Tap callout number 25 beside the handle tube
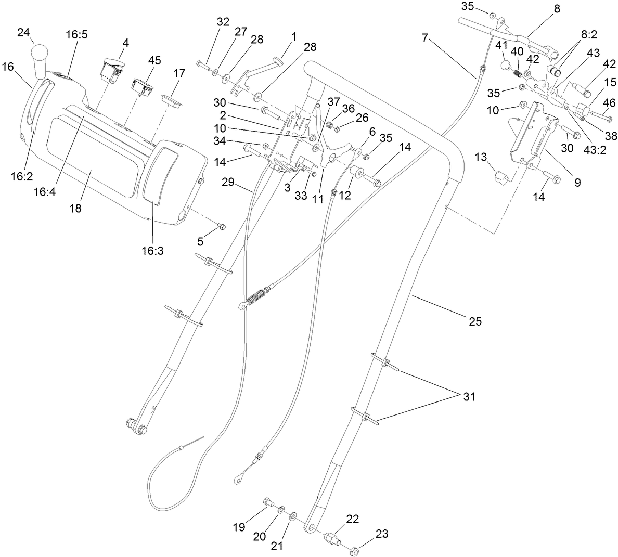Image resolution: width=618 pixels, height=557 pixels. [x=475, y=321]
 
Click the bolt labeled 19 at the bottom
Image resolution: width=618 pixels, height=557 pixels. [x=269, y=503]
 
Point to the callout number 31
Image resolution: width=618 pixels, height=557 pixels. [x=469, y=396]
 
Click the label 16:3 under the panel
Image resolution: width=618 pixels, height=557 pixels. [x=152, y=250]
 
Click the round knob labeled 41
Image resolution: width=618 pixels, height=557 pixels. [x=504, y=66]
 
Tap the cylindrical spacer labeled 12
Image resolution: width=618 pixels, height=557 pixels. [x=356, y=173]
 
